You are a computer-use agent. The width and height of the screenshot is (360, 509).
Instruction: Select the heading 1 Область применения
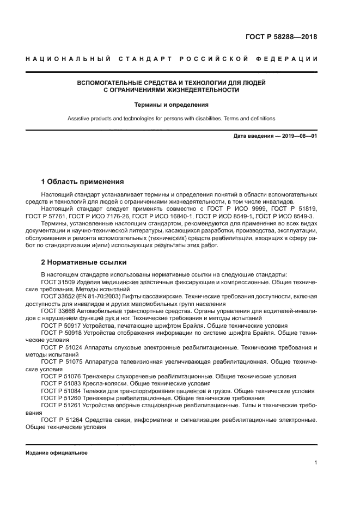(83, 181)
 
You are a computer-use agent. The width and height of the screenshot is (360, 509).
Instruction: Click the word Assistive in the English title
(80, 118)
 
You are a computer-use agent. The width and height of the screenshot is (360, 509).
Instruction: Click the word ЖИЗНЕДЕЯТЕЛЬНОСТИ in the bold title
(203, 90)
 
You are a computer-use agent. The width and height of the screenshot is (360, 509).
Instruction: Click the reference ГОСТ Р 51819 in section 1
(295, 209)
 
